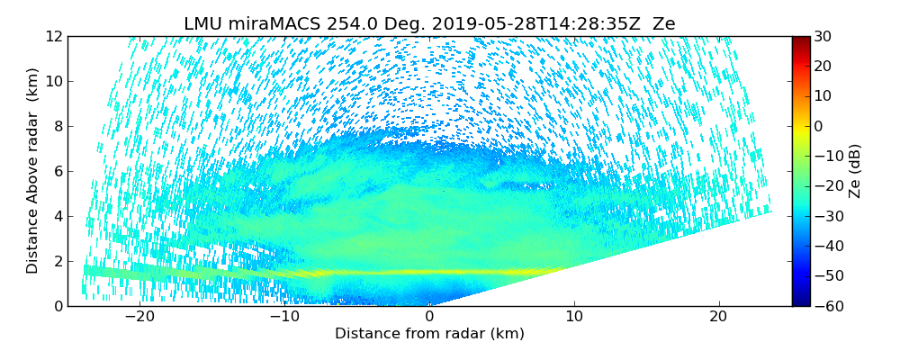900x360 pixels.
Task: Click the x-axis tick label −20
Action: (x=139, y=317)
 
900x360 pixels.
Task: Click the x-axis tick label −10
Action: (x=284, y=317)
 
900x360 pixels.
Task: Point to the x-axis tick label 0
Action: (x=429, y=317)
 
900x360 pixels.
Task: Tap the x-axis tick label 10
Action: (x=574, y=317)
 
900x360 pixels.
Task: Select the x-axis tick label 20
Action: (x=718, y=317)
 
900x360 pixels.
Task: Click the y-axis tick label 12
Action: (x=54, y=37)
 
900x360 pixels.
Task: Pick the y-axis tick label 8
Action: (x=58, y=127)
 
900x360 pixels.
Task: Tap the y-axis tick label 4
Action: (x=58, y=217)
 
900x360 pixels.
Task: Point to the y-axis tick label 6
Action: (x=58, y=172)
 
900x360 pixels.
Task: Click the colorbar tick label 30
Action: (x=823, y=37)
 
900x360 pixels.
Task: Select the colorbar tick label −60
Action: (x=827, y=306)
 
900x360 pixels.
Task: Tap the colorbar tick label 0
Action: (x=819, y=127)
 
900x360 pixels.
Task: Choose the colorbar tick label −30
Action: (x=827, y=217)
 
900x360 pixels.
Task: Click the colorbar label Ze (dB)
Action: (x=855, y=171)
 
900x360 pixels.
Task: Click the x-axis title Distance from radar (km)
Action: (x=429, y=334)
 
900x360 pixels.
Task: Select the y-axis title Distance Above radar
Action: (x=33, y=171)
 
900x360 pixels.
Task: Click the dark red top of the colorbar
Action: (x=800, y=40)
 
